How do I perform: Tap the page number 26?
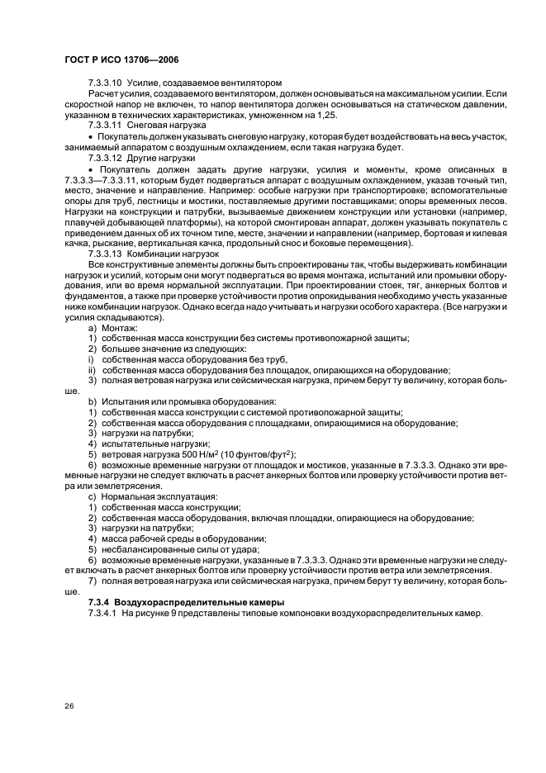[69, 705]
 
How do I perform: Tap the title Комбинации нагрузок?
[172, 253]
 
